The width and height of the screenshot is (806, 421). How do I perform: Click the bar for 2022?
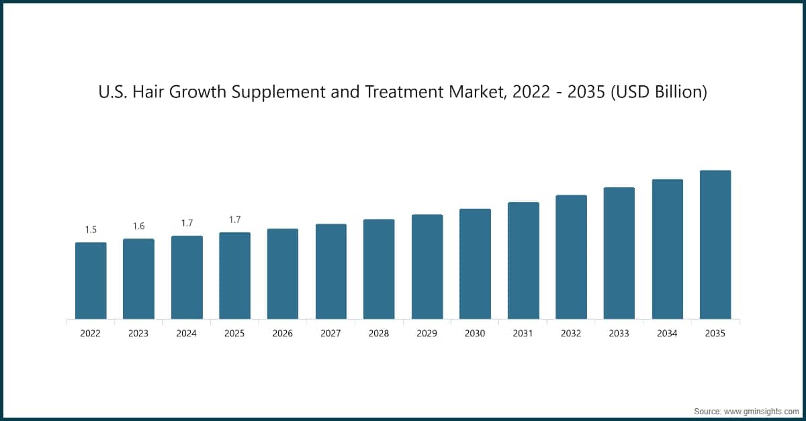(x=91, y=281)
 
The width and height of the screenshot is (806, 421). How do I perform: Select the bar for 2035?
(x=715, y=244)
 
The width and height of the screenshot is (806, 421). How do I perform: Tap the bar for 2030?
(x=475, y=264)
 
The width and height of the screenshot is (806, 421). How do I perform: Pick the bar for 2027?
(x=331, y=271)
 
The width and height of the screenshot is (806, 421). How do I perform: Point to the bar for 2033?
(x=619, y=253)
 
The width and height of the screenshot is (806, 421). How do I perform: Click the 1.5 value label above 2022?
(x=91, y=230)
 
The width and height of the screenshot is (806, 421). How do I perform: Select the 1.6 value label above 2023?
(x=138, y=226)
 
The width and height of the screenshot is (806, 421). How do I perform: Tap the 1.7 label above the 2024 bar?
(x=187, y=223)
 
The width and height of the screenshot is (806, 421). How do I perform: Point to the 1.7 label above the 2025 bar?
(x=234, y=220)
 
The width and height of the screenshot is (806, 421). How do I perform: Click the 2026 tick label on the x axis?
(x=283, y=333)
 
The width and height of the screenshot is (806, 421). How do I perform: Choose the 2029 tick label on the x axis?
(x=427, y=333)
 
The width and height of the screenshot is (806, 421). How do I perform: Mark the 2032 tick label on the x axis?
(x=571, y=333)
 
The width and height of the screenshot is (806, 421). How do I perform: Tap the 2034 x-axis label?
(x=667, y=333)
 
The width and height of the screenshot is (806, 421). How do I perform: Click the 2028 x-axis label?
(x=379, y=333)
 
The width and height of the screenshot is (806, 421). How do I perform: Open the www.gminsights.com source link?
(x=761, y=410)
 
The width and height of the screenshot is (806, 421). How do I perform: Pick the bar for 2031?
(x=523, y=261)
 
